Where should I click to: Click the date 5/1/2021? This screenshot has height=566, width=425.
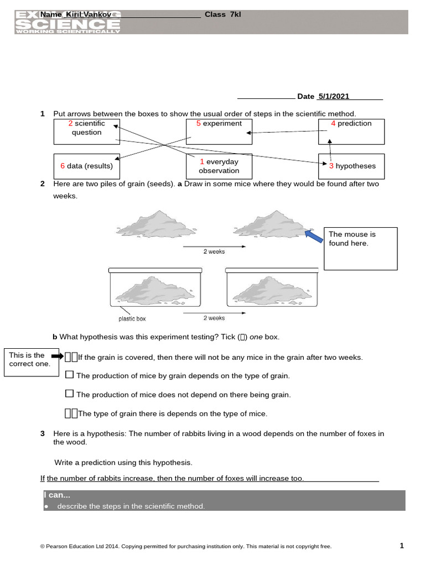[x=333, y=96]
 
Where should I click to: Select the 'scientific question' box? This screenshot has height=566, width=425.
[x=86, y=131]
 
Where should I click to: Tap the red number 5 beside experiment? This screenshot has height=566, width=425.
[x=198, y=123]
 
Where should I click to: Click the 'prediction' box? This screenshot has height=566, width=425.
[x=351, y=131]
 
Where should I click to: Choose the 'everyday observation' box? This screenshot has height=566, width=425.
[x=219, y=166]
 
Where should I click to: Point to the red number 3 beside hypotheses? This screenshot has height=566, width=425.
[x=331, y=166]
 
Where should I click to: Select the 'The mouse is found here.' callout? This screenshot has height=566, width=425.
[x=360, y=248]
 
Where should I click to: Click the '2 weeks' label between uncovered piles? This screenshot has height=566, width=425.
[x=214, y=251]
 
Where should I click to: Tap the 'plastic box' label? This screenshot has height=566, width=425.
[x=132, y=319]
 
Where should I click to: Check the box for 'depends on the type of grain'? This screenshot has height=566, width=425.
[x=69, y=375]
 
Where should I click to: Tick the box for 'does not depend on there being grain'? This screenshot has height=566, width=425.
[x=69, y=394]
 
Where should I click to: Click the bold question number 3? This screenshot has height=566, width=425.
[x=43, y=434]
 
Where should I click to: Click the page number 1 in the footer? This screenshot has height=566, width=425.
[x=402, y=546]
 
